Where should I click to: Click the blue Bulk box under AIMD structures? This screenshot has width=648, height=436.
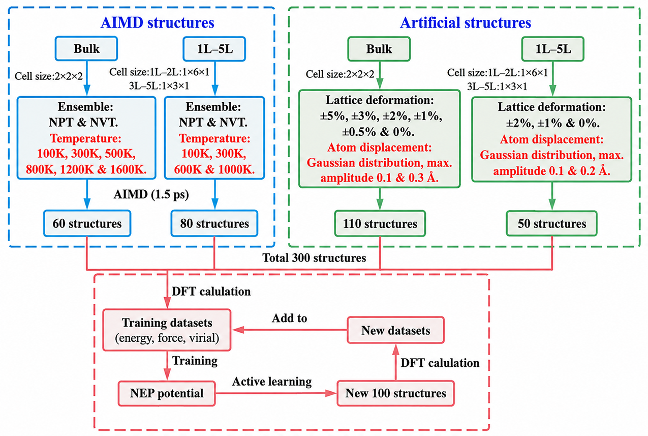pos(86,49)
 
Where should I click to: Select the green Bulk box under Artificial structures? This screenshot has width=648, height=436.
pos(379,49)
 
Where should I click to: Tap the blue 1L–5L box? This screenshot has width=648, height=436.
pos(214,49)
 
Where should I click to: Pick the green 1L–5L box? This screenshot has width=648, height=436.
pos(553,49)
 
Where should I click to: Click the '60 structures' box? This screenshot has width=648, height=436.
pos(87,223)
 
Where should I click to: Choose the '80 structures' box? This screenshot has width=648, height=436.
pos(214,223)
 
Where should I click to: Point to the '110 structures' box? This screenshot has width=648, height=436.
pos(380,223)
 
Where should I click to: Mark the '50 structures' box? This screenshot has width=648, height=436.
pos(551,223)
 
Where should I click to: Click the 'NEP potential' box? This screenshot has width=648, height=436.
pos(167,393)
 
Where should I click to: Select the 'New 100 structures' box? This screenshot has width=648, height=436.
pos(395,393)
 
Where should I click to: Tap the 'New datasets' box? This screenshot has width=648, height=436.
pos(395,330)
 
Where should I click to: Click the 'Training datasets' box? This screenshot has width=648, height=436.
pos(167,330)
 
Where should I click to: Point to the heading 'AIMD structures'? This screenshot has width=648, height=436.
pos(158,22)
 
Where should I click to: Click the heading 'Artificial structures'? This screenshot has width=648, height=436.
pos(466,22)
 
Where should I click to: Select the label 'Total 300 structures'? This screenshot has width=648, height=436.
pos(314,257)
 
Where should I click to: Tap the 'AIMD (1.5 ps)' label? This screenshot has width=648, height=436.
pos(151,194)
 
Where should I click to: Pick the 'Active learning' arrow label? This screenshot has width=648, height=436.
pos(272,382)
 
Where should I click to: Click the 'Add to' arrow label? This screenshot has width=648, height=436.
pos(289,318)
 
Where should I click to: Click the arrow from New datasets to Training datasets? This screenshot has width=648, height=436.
pos(290,330)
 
